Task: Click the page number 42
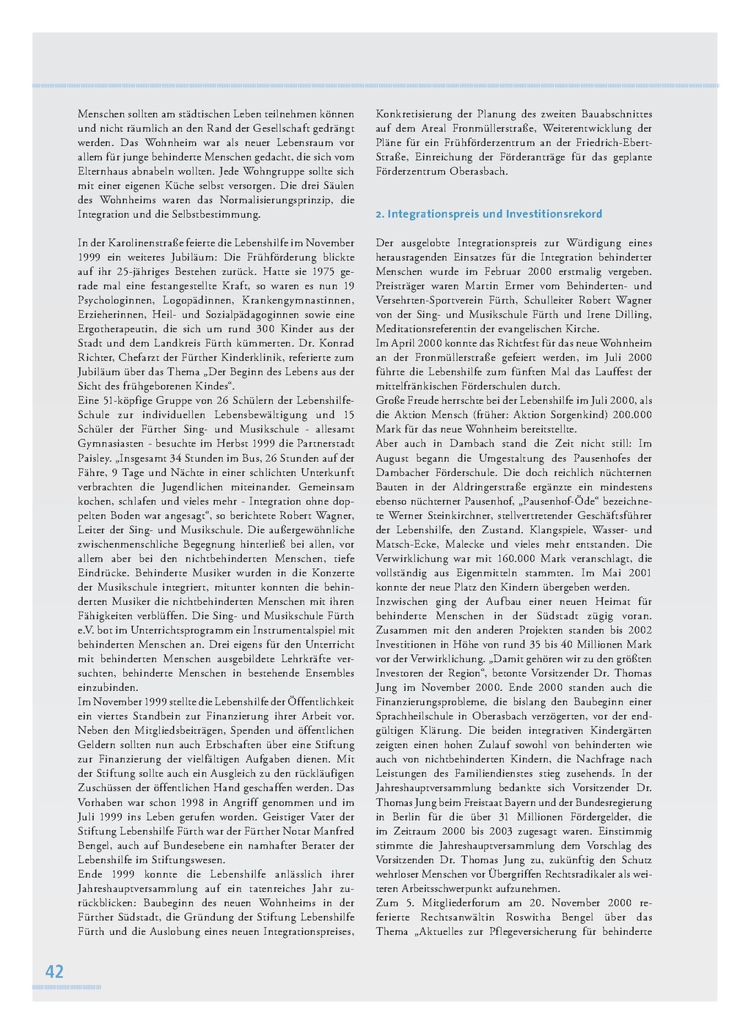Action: point(54,972)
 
